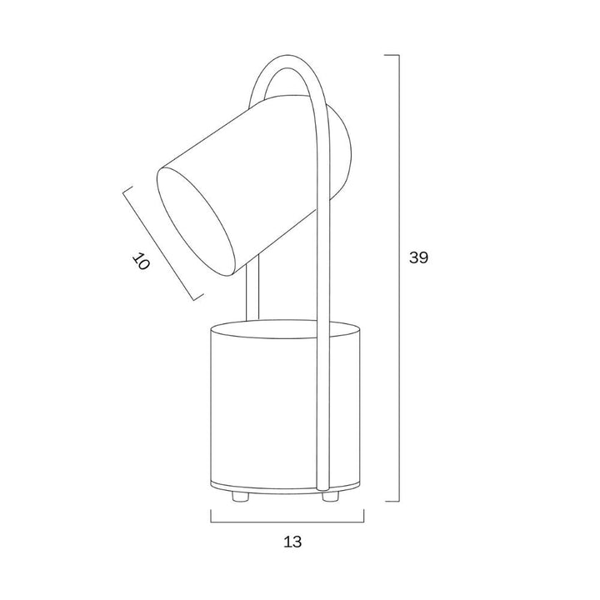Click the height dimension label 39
418,257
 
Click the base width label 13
292,542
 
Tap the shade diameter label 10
141,262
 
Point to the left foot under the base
240,497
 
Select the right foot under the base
330,497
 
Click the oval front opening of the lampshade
196,221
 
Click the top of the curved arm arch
287,56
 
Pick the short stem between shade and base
252,287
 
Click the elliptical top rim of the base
286,329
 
